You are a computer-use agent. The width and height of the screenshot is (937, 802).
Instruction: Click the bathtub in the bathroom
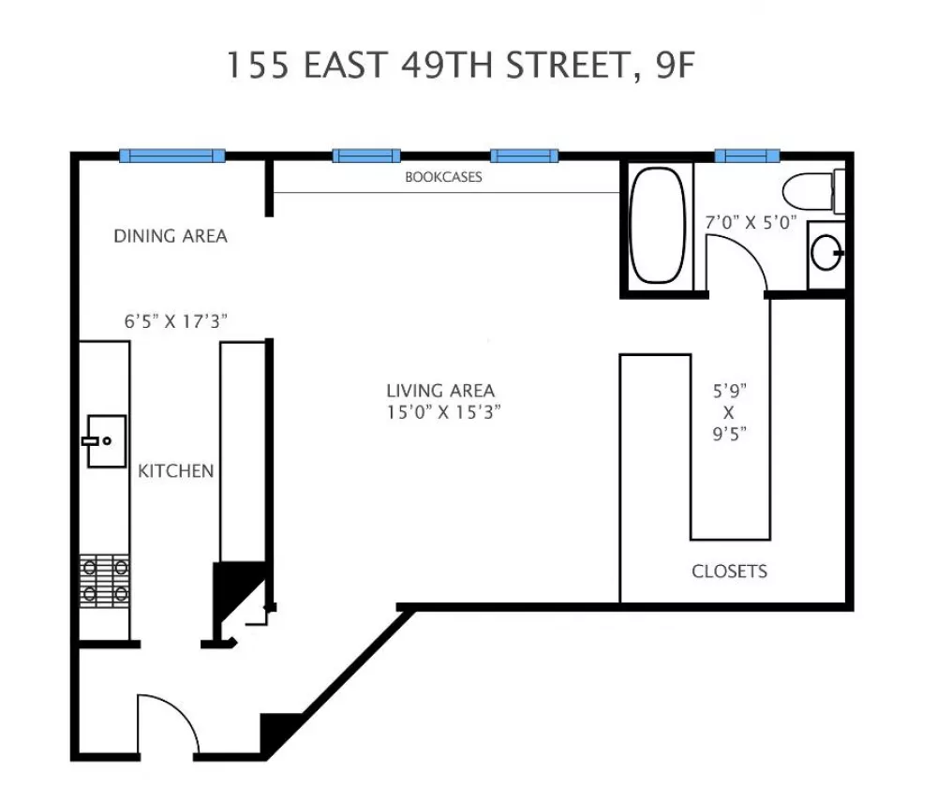657,225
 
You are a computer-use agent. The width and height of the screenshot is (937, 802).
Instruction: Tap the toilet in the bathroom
813,190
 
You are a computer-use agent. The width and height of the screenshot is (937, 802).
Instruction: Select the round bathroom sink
826,253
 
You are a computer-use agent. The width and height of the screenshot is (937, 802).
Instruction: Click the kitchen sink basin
107,441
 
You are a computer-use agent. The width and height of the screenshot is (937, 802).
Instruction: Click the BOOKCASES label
443,177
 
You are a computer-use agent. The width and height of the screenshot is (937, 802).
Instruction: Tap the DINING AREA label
171,236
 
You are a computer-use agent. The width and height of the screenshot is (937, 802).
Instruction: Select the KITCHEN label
176,471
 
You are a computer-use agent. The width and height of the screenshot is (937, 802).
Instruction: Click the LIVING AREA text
440,391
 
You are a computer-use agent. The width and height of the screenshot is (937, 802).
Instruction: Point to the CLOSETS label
730,572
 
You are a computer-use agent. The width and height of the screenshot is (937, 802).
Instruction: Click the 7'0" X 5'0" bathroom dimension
751,222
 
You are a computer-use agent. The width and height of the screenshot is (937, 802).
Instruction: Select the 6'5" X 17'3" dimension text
176,321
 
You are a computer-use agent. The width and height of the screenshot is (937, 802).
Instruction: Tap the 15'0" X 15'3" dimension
443,412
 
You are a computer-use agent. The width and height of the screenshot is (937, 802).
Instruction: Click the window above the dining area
172,156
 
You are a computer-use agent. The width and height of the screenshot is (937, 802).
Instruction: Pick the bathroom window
748,156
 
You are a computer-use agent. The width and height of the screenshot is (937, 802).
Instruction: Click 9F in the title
676,65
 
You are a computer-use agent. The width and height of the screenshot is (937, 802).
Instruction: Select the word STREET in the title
569,66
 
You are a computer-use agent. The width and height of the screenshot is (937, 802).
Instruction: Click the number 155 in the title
258,65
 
